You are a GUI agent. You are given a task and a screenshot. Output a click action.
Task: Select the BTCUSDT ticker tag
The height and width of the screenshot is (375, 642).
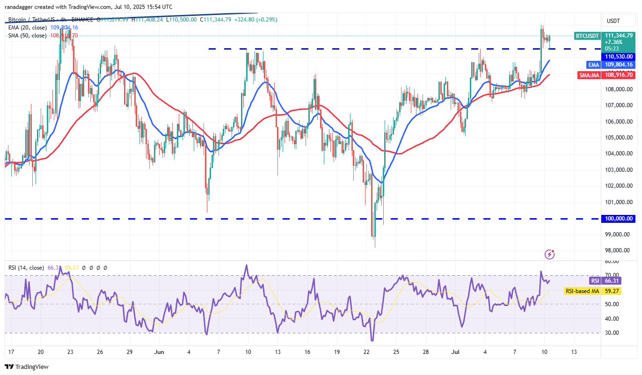pyautogui.click(x=587, y=36)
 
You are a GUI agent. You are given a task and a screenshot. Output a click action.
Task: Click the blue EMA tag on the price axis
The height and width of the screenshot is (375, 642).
pyautogui.click(x=592, y=65)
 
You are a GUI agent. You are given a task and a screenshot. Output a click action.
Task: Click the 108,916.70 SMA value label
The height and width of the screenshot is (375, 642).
pyautogui.click(x=619, y=74)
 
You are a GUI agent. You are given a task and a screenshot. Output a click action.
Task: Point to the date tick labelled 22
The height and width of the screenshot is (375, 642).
pyautogui.click(x=366, y=352)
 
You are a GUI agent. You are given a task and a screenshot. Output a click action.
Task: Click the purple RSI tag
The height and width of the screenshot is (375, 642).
pyautogui.click(x=594, y=281)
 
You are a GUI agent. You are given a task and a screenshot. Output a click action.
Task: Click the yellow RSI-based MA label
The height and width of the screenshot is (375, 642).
pyautogui.click(x=582, y=291)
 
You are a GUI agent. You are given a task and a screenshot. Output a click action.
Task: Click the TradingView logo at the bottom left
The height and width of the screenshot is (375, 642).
pyautogui.click(x=27, y=367)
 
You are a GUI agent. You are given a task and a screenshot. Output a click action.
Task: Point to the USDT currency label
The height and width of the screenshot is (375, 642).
pyautogui.click(x=613, y=21)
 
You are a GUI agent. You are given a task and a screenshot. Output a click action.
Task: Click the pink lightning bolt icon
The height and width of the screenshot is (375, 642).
pyautogui.click(x=550, y=255)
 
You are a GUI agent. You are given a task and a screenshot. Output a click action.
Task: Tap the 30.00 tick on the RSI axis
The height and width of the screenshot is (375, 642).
pyautogui.click(x=611, y=333)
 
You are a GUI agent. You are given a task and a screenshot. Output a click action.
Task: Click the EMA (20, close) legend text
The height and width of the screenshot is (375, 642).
pyautogui.click(x=27, y=28)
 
